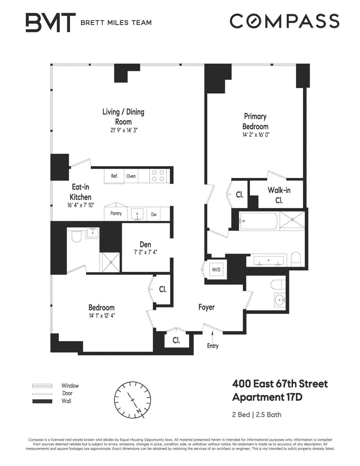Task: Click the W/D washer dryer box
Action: [216, 269]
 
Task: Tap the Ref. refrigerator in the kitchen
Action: [114, 176]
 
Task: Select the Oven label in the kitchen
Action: [131, 176]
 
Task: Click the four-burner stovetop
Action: [158, 176]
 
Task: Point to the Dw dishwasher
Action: [154, 214]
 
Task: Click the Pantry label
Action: [116, 213]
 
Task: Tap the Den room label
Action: [145, 245]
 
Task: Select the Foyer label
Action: [206, 307]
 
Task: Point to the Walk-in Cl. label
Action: [279, 195]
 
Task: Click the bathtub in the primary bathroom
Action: [259, 221]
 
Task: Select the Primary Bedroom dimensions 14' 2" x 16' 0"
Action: [256, 135]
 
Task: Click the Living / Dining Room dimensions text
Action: [124, 130]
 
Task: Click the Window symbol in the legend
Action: [42, 386]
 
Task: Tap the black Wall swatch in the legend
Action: [42, 401]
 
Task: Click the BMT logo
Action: [50, 22]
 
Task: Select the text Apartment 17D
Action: [267, 397]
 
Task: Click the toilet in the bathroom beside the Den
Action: [77, 237]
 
